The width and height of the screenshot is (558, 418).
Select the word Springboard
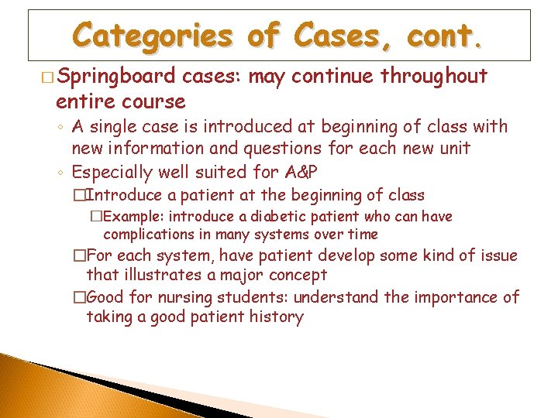[x=119, y=76]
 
